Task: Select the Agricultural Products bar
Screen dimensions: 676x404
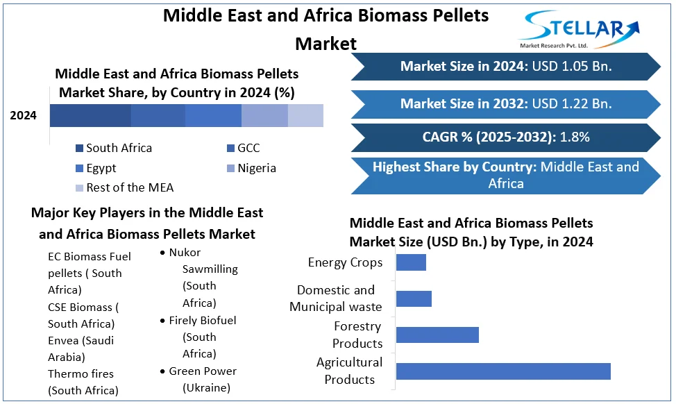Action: [x=503, y=371]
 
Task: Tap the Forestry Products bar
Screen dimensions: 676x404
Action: [x=437, y=335]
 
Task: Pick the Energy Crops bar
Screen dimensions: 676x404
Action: [x=411, y=262]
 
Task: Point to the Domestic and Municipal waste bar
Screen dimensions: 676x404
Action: [x=414, y=298]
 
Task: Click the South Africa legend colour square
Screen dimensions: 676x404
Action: [x=79, y=149]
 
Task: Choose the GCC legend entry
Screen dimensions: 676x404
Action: [x=244, y=149]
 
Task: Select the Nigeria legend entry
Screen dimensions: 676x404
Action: [x=252, y=168]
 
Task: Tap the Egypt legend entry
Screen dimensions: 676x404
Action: [x=96, y=168]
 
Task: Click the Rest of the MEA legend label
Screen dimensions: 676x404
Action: [x=130, y=187]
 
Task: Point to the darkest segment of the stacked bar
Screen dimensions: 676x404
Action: [x=90, y=115]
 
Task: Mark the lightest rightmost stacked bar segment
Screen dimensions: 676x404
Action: [x=305, y=115]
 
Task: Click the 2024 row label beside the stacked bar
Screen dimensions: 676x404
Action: [x=24, y=115]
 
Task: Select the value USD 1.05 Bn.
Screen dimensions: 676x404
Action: [x=572, y=67]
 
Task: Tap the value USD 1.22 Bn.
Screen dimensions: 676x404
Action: [x=572, y=104]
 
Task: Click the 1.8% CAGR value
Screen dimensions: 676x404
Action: [x=575, y=137]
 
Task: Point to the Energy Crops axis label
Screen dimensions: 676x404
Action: [x=345, y=262]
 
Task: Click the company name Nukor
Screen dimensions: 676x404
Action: [x=185, y=252]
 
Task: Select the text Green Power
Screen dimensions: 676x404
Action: [x=203, y=371]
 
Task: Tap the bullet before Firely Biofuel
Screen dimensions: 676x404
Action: [x=162, y=321]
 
